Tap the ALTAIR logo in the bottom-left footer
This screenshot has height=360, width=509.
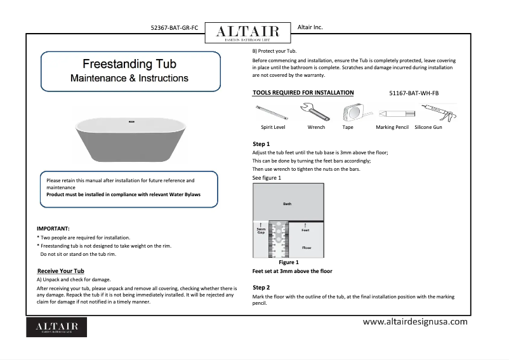pos(56,326)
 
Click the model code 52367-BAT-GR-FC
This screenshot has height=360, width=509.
pos(175,29)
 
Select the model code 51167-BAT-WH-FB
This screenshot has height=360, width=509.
pos(413,93)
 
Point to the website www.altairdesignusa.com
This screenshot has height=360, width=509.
pos(414,321)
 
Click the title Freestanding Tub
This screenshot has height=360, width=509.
pos(129,64)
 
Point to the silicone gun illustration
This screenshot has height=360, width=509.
pos(436,114)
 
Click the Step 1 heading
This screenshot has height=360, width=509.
pos(261,144)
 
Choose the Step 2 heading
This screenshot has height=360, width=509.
pos(261,288)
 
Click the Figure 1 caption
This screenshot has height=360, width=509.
pos(289,262)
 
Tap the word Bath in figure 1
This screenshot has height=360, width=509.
pos(288,204)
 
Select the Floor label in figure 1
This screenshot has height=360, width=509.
pos(307,247)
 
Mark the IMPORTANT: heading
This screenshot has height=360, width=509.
pos(53,228)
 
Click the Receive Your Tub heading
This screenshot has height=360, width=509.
pos(61,271)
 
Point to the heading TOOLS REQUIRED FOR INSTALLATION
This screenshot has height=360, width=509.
pos(303,93)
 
